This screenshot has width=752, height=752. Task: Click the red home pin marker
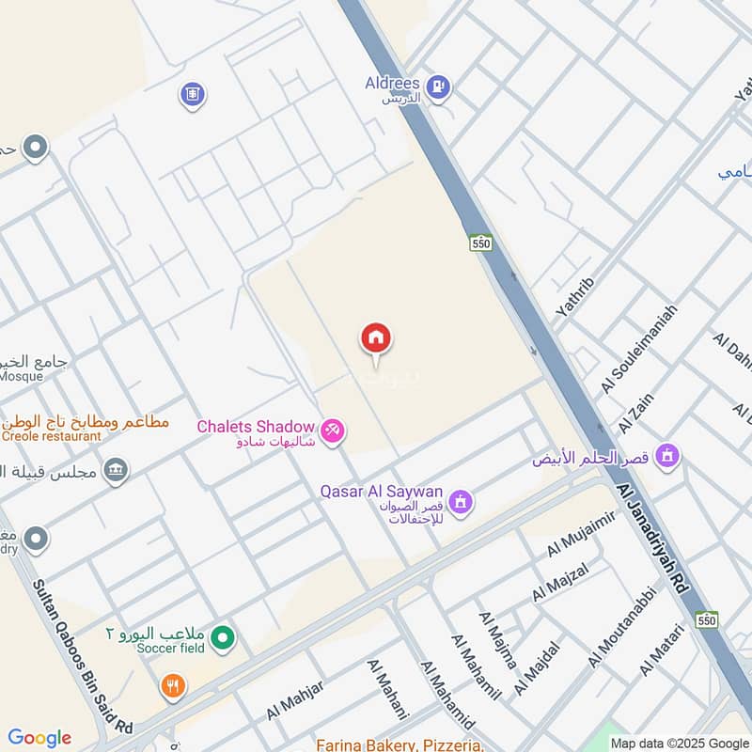pos(376,339)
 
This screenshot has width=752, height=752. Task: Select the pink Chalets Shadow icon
pos(331,431)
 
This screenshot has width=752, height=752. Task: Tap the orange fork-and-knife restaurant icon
pos(171,686)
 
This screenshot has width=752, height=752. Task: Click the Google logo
pos(39,738)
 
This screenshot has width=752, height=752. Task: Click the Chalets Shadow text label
pos(254,427)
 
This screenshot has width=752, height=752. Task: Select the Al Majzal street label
pos(560,582)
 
